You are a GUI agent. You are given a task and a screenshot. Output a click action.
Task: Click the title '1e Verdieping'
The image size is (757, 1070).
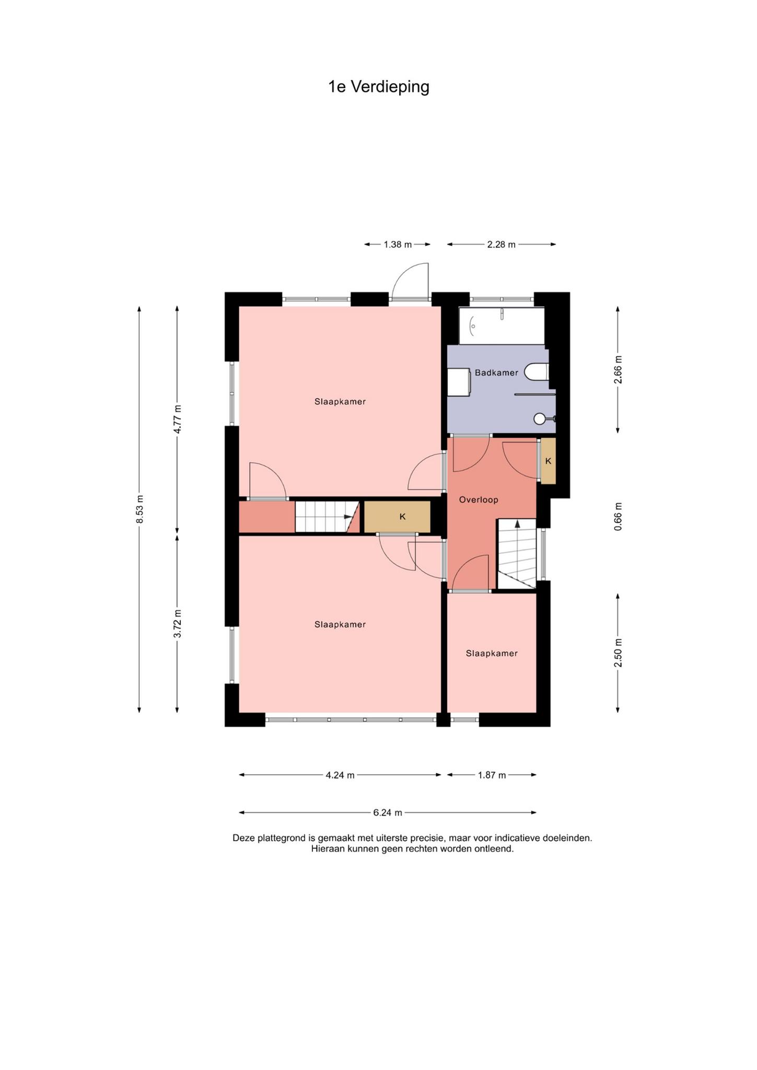(378, 87)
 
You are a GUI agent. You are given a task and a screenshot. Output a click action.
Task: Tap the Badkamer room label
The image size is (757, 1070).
(496, 373)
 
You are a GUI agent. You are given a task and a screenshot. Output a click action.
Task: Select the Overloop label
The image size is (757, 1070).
(479, 499)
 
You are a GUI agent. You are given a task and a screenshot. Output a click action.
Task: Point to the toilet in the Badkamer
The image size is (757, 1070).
(537, 372)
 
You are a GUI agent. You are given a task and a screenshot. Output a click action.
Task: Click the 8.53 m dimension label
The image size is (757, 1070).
(139, 509)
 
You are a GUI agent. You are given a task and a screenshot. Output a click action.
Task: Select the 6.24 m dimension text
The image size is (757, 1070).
(388, 812)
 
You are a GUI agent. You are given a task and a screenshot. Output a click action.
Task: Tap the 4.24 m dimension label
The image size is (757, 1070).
(340, 775)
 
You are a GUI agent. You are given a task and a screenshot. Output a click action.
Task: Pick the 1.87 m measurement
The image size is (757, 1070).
(492, 775)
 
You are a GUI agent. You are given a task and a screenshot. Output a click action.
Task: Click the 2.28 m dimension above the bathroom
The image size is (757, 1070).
(501, 244)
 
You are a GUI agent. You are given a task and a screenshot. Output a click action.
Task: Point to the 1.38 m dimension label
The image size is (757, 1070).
(398, 244)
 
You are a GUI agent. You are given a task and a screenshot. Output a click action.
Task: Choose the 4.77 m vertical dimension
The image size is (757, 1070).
(178, 419)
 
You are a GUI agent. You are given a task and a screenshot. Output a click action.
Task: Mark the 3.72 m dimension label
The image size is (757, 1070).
(178, 623)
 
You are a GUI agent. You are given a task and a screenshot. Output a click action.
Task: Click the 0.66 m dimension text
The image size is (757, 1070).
(618, 517)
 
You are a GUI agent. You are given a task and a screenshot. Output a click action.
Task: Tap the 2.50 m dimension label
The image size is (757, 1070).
(618, 653)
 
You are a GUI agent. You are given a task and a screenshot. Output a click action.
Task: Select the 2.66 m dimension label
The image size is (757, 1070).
(618, 370)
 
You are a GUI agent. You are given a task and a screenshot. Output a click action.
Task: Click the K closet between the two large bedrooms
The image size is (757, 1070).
(398, 517)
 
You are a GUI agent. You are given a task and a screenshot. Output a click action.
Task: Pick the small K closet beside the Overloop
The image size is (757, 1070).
(548, 461)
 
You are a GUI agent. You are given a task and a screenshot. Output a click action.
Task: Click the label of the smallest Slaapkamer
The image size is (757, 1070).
(492, 653)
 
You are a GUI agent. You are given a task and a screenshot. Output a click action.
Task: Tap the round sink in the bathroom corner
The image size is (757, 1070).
(540, 418)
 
